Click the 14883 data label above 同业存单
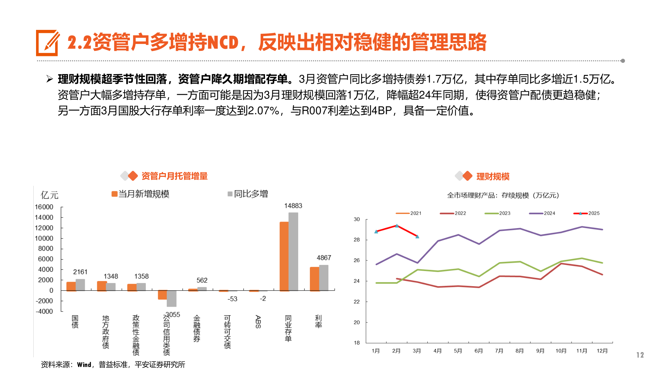[x=293, y=206]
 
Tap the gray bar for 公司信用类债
[x=172, y=299]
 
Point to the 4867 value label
[x=324, y=258]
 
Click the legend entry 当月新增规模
[x=140, y=194]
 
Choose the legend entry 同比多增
[x=248, y=194]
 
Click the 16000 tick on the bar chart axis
[x=44, y=207]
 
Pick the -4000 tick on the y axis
[x=44, y=311]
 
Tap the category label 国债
[x=75, y=322]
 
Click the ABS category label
[x=258, y=322]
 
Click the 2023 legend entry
[x=498, y=213]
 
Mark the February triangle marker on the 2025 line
[x=397, y=226]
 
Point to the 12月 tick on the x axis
[x=602, y=351]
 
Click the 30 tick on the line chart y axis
[x=357, y=219]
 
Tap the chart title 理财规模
[x=493, y=177]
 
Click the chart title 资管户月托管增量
[x=174, y=176]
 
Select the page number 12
[x=640, y=355]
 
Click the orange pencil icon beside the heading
[x=47, y=43]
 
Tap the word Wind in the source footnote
[x=84, y=365]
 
